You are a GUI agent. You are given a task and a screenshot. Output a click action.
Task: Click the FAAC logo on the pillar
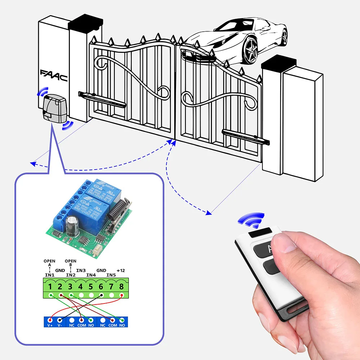pos(54,76)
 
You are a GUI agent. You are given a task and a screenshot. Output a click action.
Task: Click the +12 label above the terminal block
pos(121,270)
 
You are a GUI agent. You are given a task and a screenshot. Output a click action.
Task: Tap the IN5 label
pos(111,275)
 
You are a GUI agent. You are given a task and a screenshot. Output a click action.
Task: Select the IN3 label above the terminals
pos(81,270)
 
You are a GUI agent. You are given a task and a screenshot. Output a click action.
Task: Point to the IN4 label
pos(91,275)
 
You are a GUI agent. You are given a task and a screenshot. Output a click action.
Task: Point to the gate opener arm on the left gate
pos(102,100)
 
